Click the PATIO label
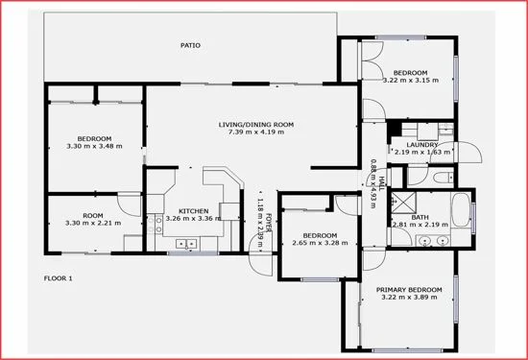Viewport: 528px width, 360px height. click(x=191, y=45)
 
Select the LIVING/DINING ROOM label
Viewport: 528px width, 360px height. click(x=255, y=125)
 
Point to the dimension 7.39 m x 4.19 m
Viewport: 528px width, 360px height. click(x=255, y=133)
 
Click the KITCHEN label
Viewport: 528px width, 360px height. click(x=193, y=210)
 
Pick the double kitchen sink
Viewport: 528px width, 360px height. click(x=186, y=244)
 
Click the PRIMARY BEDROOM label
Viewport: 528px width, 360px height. click(x=409, y=290)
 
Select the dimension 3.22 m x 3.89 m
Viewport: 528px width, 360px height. click(x=409, y=299)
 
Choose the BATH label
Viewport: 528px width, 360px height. click(x=420, y=217)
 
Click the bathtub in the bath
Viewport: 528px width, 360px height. click(x=462, y=212)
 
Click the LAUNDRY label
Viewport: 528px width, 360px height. click(x=422, y=145)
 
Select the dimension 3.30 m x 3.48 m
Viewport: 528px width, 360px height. click(x=94, y=146)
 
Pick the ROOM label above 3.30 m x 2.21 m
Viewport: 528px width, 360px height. click(x=92, y=215)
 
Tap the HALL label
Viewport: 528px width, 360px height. click(x=380, y=180)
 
